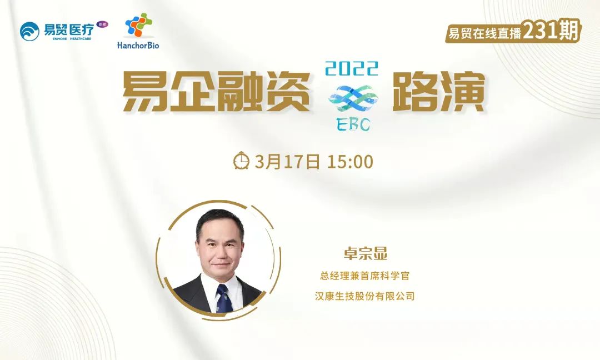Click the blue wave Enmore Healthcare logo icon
click(29, 31)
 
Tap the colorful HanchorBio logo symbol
click(138, 25)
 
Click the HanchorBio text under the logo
click(138, 45)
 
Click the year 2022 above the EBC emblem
click(351, 69)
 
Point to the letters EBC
click(353, 124)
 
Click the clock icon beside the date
click(242, 161)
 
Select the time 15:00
click(350, 162)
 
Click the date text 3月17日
click(287, 162)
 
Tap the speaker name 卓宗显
click(366, 253)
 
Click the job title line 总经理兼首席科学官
click(364, 276)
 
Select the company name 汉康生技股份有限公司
click(364, 296)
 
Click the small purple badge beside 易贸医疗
click(102, 24)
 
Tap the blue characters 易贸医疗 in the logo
click(69, 29)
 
